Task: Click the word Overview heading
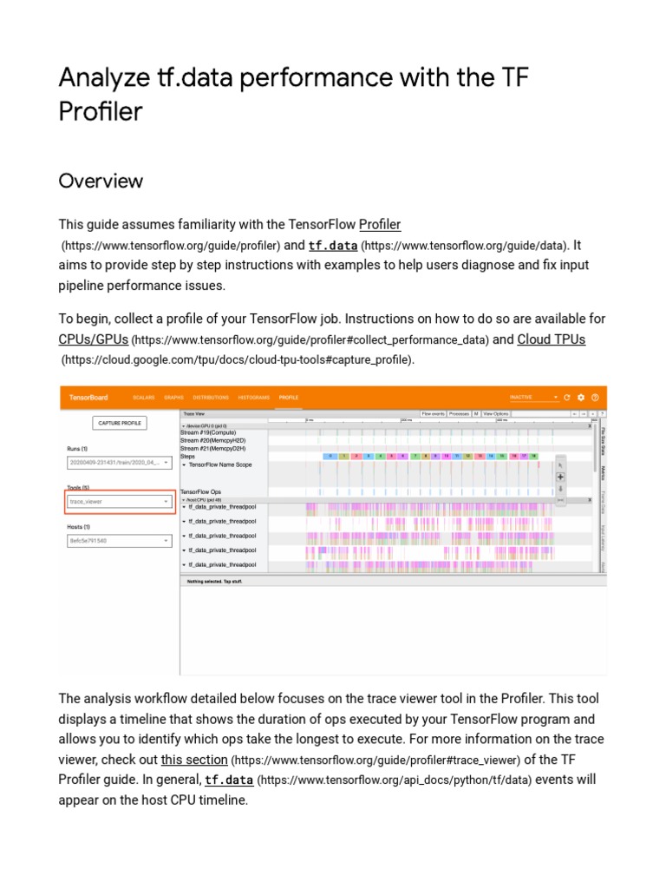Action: coord(101,181)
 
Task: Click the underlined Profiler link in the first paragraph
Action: coord(380,224)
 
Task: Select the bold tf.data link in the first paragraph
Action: coord(332,246)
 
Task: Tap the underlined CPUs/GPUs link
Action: coord(93,339)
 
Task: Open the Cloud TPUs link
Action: coord(551,339)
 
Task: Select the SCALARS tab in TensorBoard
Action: coord(143,398)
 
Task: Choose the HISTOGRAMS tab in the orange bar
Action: coord(254,398)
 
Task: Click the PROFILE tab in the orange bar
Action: coord(288,398)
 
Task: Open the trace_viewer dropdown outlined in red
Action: coord(120,502)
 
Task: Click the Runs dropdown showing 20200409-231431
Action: coord(120,464)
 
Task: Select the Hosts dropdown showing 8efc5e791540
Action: coord(120,541)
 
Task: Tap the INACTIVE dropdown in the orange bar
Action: coord(533,398)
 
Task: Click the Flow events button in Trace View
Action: coord(433,414)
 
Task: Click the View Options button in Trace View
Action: coord(495,414)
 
